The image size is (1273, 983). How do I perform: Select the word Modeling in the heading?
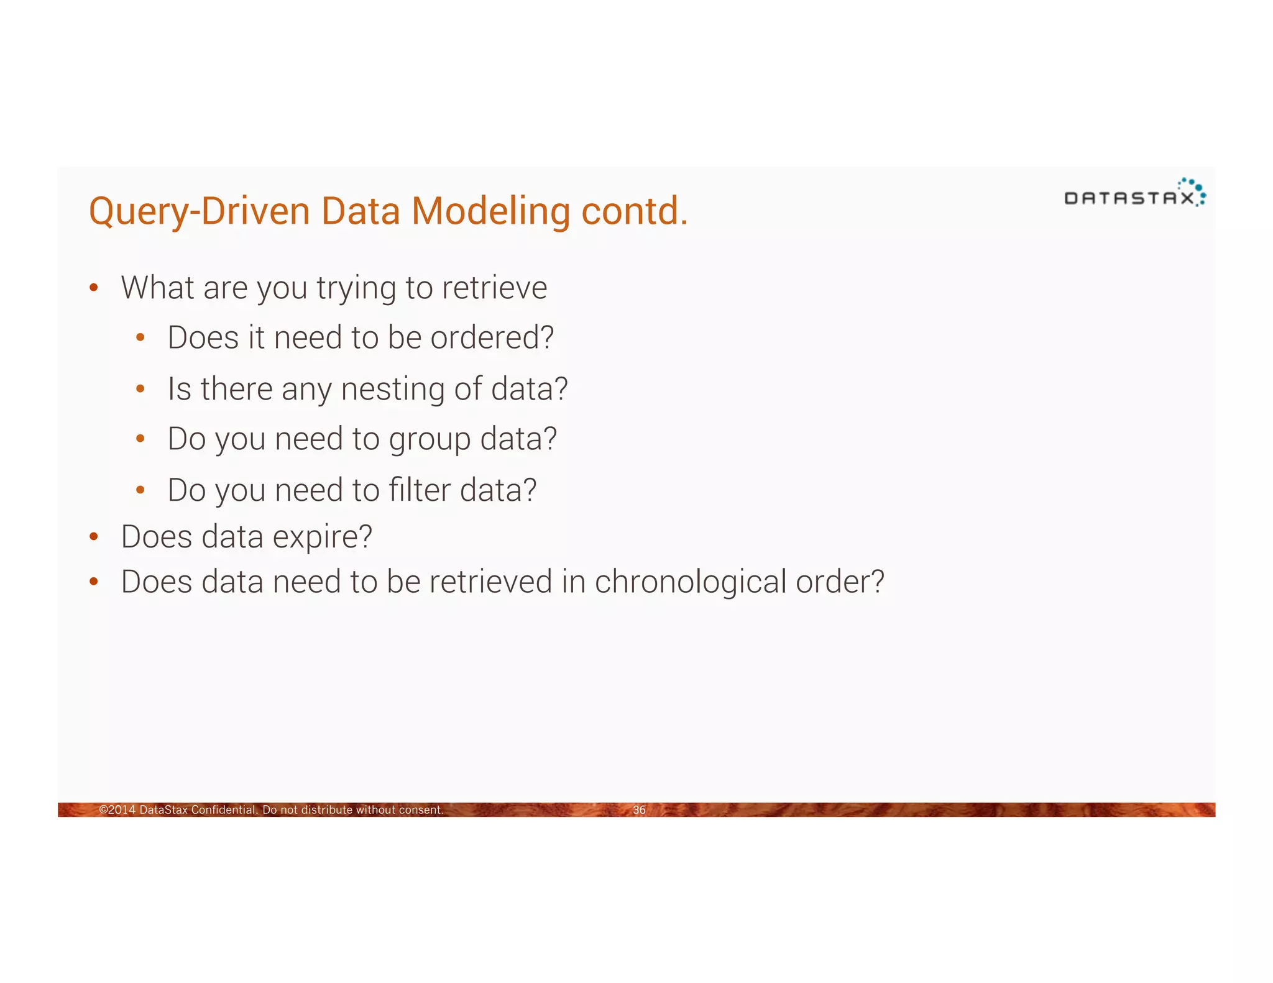490,211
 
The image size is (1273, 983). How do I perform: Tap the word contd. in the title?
635,211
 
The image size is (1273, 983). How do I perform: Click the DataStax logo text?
1129,198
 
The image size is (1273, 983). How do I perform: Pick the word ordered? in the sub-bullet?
492,338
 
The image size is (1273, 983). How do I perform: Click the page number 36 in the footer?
639,810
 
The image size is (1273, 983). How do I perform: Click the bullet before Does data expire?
94,537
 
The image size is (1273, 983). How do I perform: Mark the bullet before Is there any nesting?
140,389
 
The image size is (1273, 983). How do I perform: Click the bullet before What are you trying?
94,288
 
